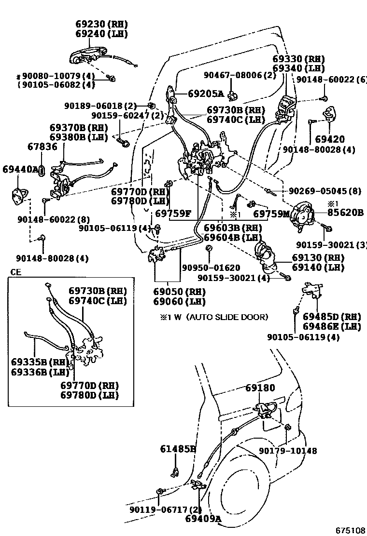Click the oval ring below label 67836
coord(42,170)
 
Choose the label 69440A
coord(20,169)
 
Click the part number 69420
coord(330,139)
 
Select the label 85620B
coord(346,212)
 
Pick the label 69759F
coord(172,213)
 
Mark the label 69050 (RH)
coord(179,292)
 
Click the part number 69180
coord(260,388)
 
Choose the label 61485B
coord(178,449)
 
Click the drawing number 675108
coord(351,530)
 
